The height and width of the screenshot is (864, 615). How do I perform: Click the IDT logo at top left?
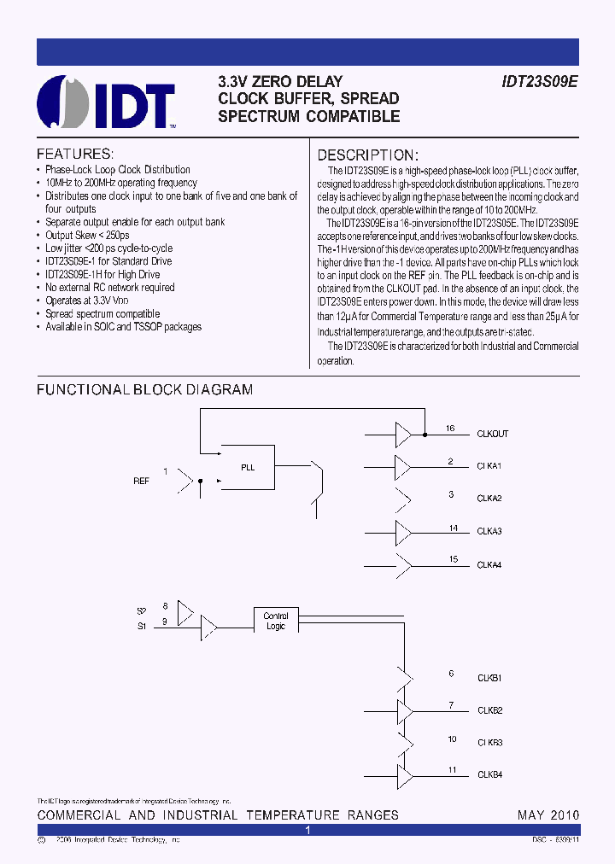pos(107,102)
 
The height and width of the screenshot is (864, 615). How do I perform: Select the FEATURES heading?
pos(75,155)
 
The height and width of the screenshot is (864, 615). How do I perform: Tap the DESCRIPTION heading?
pos(368,155)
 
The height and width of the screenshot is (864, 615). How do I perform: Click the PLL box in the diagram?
pos(248,467)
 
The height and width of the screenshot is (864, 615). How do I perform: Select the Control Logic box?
pos(276,621)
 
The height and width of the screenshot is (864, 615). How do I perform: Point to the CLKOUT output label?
pos(492,434)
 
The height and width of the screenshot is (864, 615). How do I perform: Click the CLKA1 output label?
pos(489,466)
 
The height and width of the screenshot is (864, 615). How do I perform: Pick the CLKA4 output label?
pos(489,564)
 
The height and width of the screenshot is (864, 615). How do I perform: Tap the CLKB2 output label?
pos(489,709)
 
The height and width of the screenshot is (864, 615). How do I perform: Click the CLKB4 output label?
pos(489,774)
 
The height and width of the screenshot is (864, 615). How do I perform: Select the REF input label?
pos(141,482)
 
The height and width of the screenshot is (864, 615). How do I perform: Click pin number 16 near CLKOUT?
pos(450,429)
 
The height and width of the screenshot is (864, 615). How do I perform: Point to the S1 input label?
pos(142,628)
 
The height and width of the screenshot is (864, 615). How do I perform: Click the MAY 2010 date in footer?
pos(548,815)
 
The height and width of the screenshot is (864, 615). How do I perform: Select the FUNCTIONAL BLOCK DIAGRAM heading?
pos(144,390)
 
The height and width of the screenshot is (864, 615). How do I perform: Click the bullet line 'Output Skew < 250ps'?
pos(87,235)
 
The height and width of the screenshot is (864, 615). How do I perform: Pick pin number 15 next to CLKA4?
pos(454,559)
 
